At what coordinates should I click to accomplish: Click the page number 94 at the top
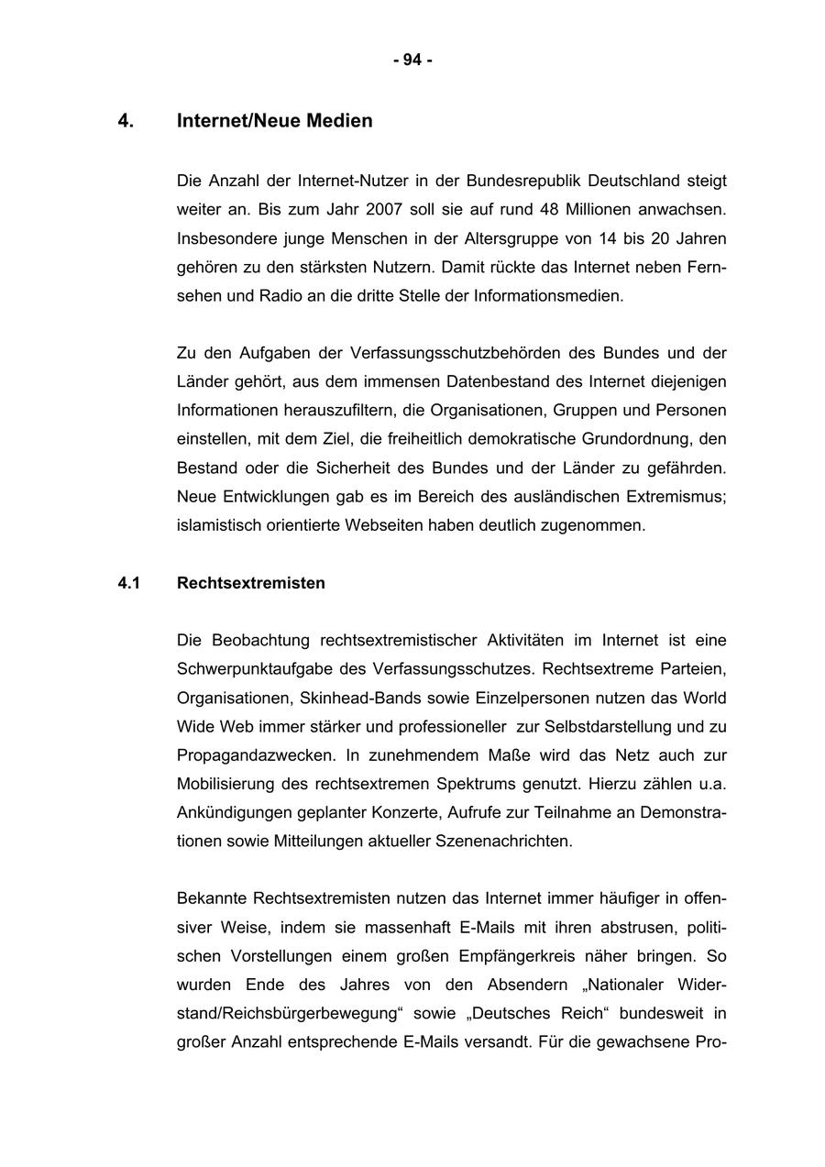(412, 61)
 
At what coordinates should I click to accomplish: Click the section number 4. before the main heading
(126, 121)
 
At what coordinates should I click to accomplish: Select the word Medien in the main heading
(340, 121)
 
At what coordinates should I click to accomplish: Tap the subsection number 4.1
(128, 583)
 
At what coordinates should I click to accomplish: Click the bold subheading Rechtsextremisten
(250, 583)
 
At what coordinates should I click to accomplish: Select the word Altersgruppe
(515, 239)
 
